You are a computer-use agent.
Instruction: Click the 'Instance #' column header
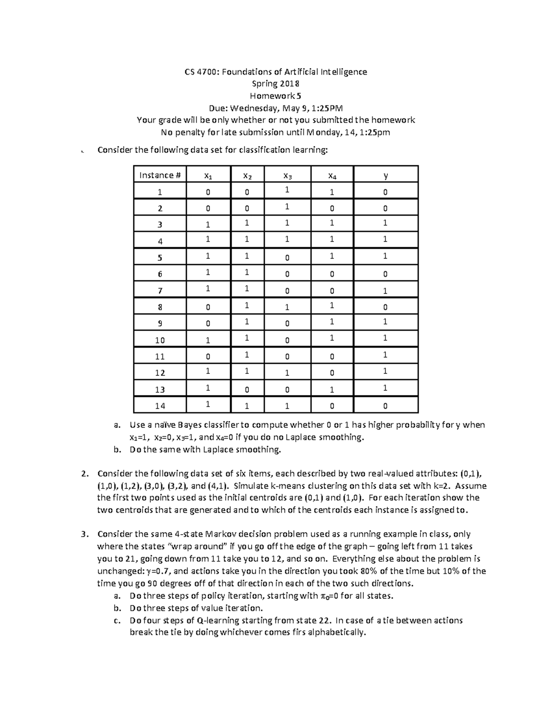(x=160, y=175)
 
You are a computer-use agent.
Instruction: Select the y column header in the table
(x=385, y=175)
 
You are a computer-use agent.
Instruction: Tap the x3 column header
(x=287, y=175)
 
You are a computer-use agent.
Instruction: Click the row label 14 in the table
(x=160, y=406)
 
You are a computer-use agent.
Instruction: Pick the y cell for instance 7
(x=385, y=291)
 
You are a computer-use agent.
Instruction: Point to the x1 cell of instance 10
(x=208, y=340)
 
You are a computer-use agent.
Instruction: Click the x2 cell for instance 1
(x=247, y=192)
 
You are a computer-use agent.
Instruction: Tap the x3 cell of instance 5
(x=287, y=258)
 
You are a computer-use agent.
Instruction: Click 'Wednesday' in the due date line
(x=253, y=108)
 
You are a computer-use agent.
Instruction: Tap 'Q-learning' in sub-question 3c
(x=217, y=620)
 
